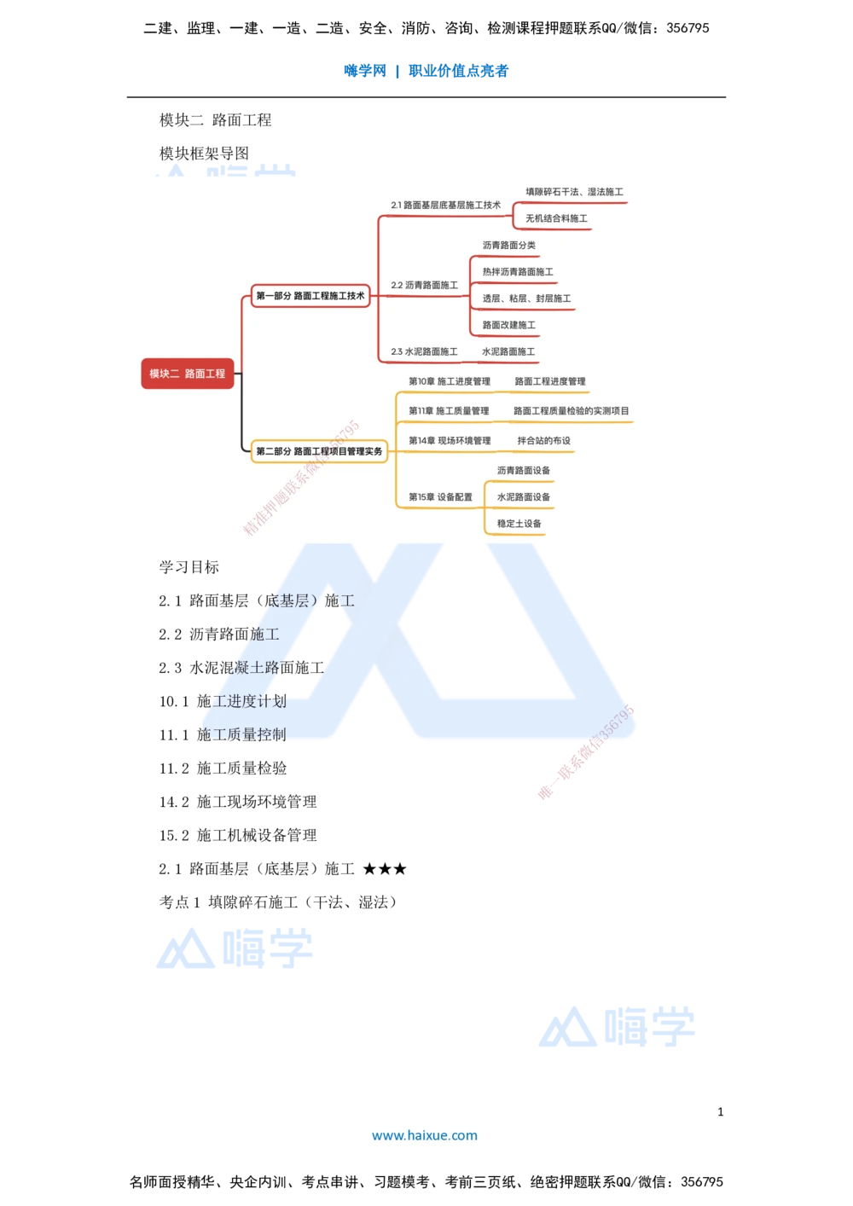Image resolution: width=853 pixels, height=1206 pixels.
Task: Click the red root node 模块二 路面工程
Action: click(x=188, y=374)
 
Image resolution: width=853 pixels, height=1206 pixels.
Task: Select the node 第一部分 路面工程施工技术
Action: click(x=310, y=296)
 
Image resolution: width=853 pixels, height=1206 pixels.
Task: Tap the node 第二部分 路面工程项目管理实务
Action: click(x=319, y=451)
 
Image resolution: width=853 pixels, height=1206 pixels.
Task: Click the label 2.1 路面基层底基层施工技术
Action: click(x=445, y=206)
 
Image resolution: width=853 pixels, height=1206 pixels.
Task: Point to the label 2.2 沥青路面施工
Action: click(x=424, y=285)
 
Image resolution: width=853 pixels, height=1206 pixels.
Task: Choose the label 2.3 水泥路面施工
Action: click(x=424, y=351)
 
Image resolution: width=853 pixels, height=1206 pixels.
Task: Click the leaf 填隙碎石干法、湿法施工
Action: click(x=574, y=193)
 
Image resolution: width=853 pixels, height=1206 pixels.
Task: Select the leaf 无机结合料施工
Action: click(x=556, y=219)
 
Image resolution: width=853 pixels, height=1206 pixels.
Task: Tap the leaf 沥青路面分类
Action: click(x=508, y=246)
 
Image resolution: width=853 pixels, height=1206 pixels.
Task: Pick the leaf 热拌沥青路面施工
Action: click(x=518, y=272)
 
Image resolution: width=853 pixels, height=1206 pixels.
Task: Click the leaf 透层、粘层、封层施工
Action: click(x=526, y=299)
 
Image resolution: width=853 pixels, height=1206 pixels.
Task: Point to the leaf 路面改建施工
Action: click(x=508, y=325)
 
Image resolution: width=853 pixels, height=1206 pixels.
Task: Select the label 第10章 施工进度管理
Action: click(x=450, y=381)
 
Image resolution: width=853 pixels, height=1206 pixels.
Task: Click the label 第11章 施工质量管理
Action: click(x=449, y=411)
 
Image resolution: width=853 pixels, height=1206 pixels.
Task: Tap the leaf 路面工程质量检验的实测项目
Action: click(x=571, y=411)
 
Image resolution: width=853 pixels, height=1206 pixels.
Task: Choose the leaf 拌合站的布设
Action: click(x=543, y=441)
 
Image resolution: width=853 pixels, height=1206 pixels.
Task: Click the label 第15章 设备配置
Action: click(x=440, y=497)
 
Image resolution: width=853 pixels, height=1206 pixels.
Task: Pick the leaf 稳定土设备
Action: click(x=519, y=524)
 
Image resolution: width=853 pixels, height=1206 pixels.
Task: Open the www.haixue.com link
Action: click(x=425, y=1135)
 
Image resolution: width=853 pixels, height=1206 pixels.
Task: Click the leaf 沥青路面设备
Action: click(x=523, y=471)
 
